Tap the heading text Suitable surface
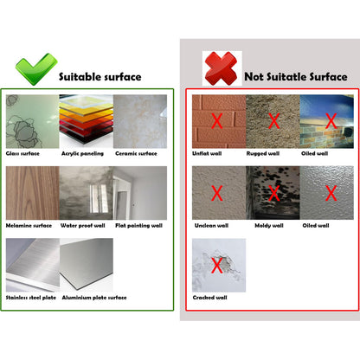[100, 77]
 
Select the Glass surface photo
[30, 121]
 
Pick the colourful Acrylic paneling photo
[85, 121]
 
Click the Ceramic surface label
[137, 154]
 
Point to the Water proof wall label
[85, 225]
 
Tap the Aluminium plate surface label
[93, 297]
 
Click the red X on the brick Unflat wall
[217, 121]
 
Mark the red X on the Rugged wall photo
[273, 121]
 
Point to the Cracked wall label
[209, 297]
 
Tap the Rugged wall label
[264, 154]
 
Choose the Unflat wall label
[209, 154]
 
